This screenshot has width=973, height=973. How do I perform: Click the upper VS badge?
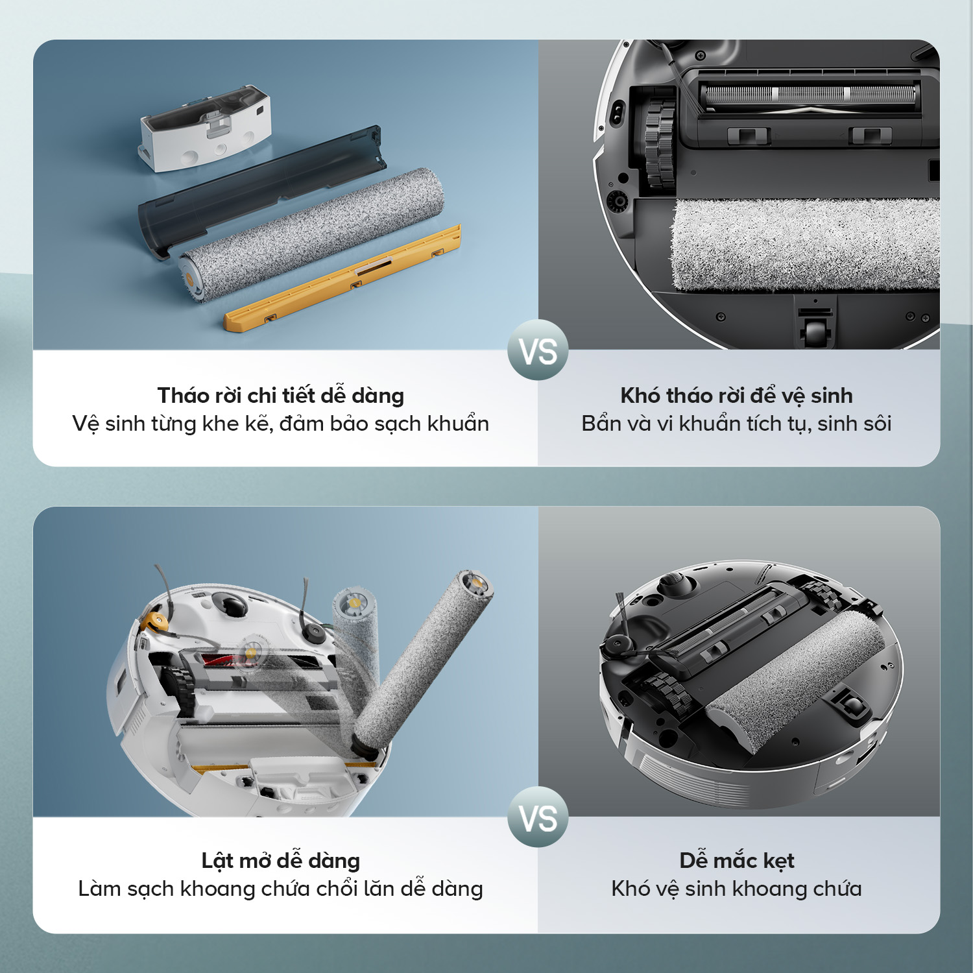coord(538,350)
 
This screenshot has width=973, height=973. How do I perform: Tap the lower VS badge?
coord(538,817)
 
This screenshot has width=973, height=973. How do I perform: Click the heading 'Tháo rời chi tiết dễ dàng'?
coord(281,395)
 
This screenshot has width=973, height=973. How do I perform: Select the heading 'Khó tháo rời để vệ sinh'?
coord(736,395)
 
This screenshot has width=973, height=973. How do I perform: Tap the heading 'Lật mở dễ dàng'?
coord(281,860)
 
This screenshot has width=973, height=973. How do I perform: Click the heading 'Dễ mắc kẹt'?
coord(737,860)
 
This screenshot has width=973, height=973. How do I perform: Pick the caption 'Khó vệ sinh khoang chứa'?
coord(736,889)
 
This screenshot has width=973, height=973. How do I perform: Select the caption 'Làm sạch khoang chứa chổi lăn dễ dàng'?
coord(281,889)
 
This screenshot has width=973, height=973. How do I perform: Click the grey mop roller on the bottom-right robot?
coord(795,681)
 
